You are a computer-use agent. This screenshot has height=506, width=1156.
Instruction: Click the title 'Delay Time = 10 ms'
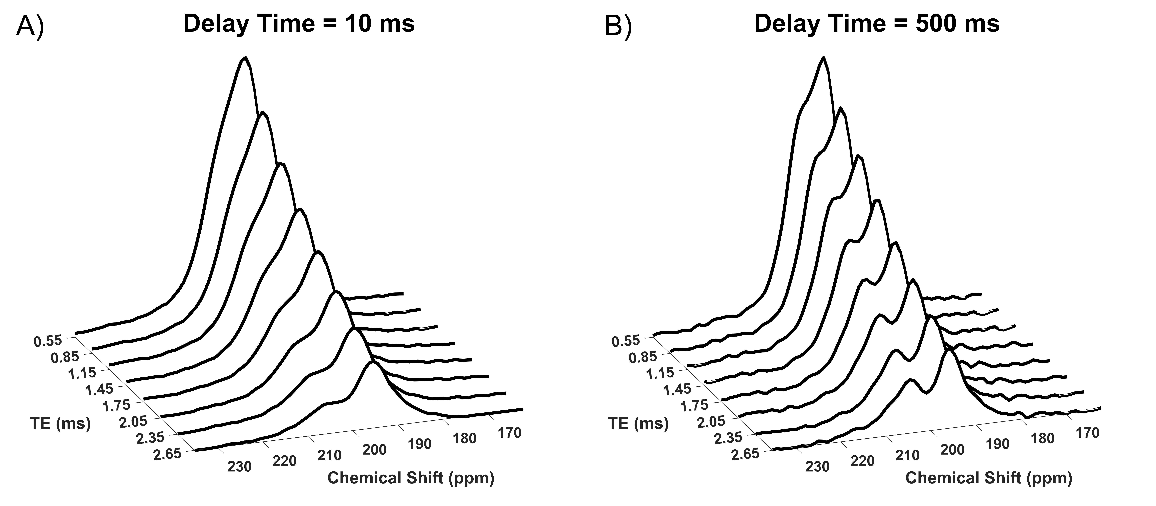click(299, 23)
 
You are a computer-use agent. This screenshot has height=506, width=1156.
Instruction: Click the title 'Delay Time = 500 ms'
click(877, 23)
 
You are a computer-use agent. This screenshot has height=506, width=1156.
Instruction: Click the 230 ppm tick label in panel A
click(239, 467)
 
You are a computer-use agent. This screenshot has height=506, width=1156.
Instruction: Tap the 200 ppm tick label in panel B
click(952, 450)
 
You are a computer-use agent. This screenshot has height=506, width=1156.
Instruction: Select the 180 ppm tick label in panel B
click(1042, 438)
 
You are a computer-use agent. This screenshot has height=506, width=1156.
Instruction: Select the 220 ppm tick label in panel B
click(862, 461)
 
